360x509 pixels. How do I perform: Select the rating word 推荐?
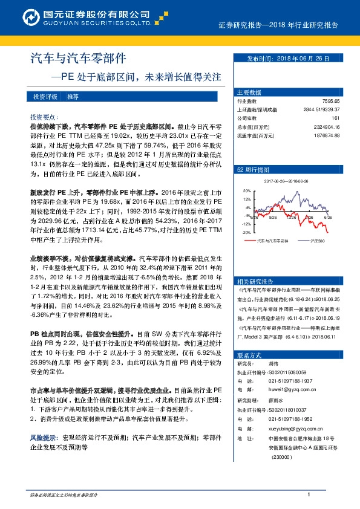(x=73, y=97)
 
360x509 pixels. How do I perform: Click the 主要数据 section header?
(x=249, y=92)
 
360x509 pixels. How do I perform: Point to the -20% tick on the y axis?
(x=246, y=232)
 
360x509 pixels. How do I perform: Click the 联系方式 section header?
(x=249, y=355)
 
